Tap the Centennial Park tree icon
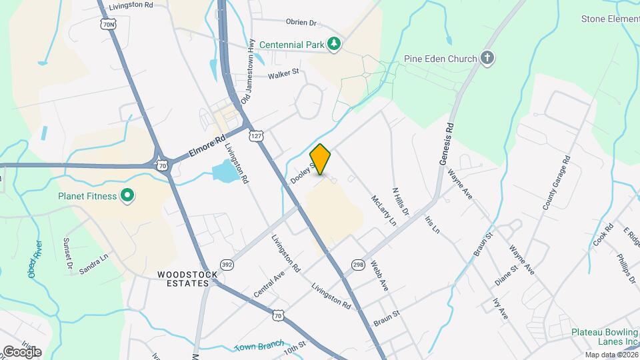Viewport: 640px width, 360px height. [x=335, y=45]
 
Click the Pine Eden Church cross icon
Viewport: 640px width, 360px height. [x=488, y=58]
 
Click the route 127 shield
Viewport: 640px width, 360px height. [x=255, y=136]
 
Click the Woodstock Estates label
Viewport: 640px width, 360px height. [x=183, y=279]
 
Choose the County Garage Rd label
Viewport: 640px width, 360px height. [x=556, y=183]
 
